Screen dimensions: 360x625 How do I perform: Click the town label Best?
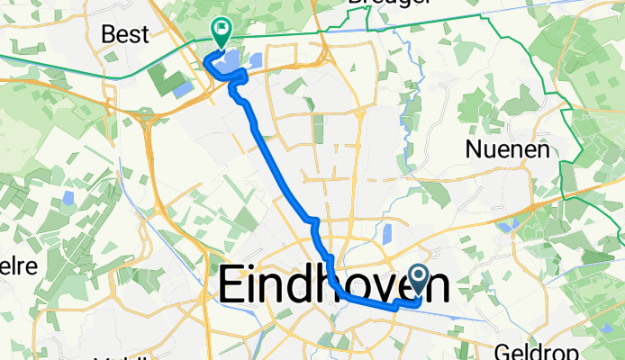(126, 35)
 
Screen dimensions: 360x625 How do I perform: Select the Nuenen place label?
(507, 151)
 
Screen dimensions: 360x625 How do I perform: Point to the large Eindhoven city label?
(334, 286)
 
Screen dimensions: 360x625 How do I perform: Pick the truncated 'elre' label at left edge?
(15, 267)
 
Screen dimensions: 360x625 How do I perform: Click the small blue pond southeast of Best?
(182, 89)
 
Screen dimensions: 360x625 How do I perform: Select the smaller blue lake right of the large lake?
(254, 62)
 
